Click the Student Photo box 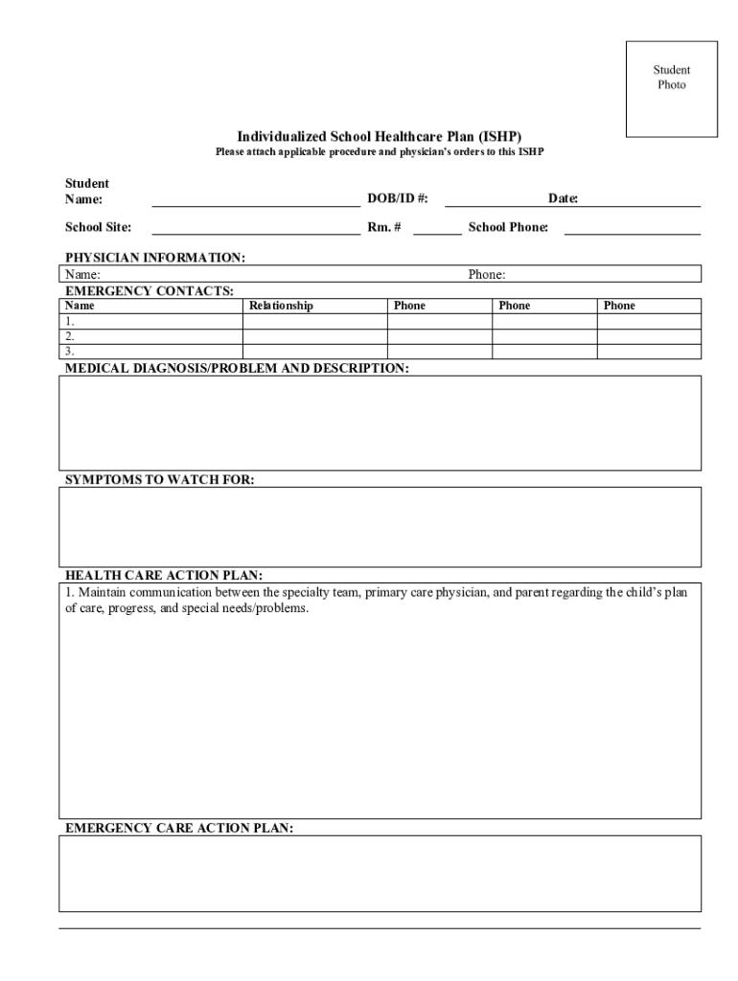coord(671,89)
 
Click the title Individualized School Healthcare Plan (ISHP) coord(380,136)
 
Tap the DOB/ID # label coord(398,198)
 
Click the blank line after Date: coord(639,199)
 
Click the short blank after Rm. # coord(437,228)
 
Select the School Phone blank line coord(632,228)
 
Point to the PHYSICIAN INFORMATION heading coord(155,258)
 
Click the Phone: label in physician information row coord(487,275)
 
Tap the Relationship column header coord(281,306)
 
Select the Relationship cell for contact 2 coord(314,336)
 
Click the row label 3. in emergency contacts coord(70,352)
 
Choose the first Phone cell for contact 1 coord(439,321)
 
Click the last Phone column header coord(619,306)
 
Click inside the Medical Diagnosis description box coord(380,422)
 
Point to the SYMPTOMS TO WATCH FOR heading coord(159,479)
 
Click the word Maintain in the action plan coord(103,593)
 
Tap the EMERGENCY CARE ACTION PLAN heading coord(179,828)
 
